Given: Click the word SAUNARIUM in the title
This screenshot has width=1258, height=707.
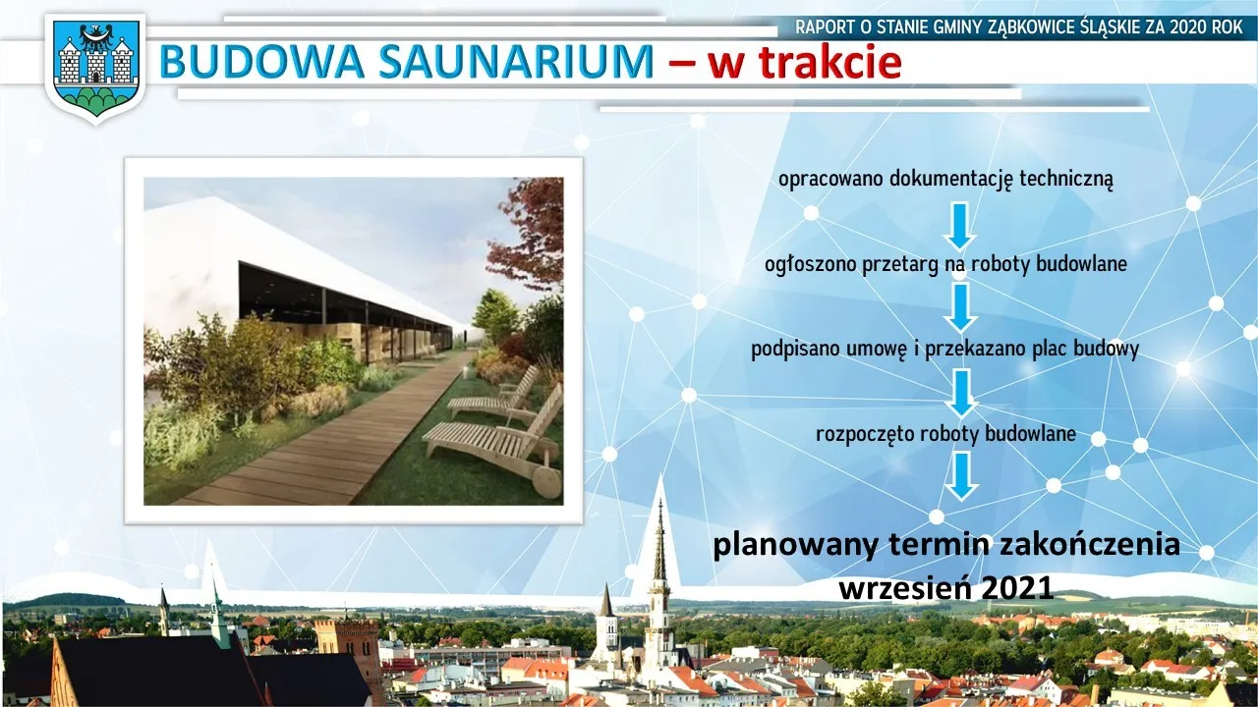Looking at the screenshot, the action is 516,61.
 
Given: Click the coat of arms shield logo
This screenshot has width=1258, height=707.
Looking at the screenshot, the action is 95,68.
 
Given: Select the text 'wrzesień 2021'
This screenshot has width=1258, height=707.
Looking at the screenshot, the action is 945,588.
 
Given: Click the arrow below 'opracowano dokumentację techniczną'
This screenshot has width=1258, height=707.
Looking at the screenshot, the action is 960,226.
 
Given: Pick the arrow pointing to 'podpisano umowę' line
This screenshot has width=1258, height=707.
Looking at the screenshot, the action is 961,308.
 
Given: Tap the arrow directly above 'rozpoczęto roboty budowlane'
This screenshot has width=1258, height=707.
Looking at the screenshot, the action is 962,394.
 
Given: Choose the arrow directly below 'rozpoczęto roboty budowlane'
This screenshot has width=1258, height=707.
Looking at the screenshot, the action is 962,477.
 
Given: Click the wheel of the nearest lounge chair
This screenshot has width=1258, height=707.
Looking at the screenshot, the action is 547,481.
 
